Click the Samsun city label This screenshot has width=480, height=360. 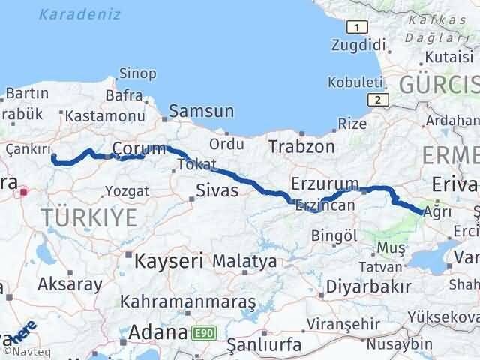201,111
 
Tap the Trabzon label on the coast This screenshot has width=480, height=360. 301,146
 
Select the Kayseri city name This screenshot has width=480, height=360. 169,262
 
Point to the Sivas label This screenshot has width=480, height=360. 217,190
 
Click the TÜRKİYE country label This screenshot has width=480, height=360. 89,218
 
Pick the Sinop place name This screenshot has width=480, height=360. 137,73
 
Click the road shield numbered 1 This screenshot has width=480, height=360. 359,28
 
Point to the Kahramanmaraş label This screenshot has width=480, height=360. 188,301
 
